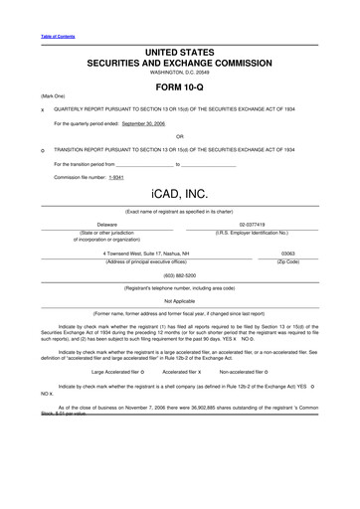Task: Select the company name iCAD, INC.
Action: click(180, 191)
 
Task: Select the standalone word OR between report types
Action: click(179, 136)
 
